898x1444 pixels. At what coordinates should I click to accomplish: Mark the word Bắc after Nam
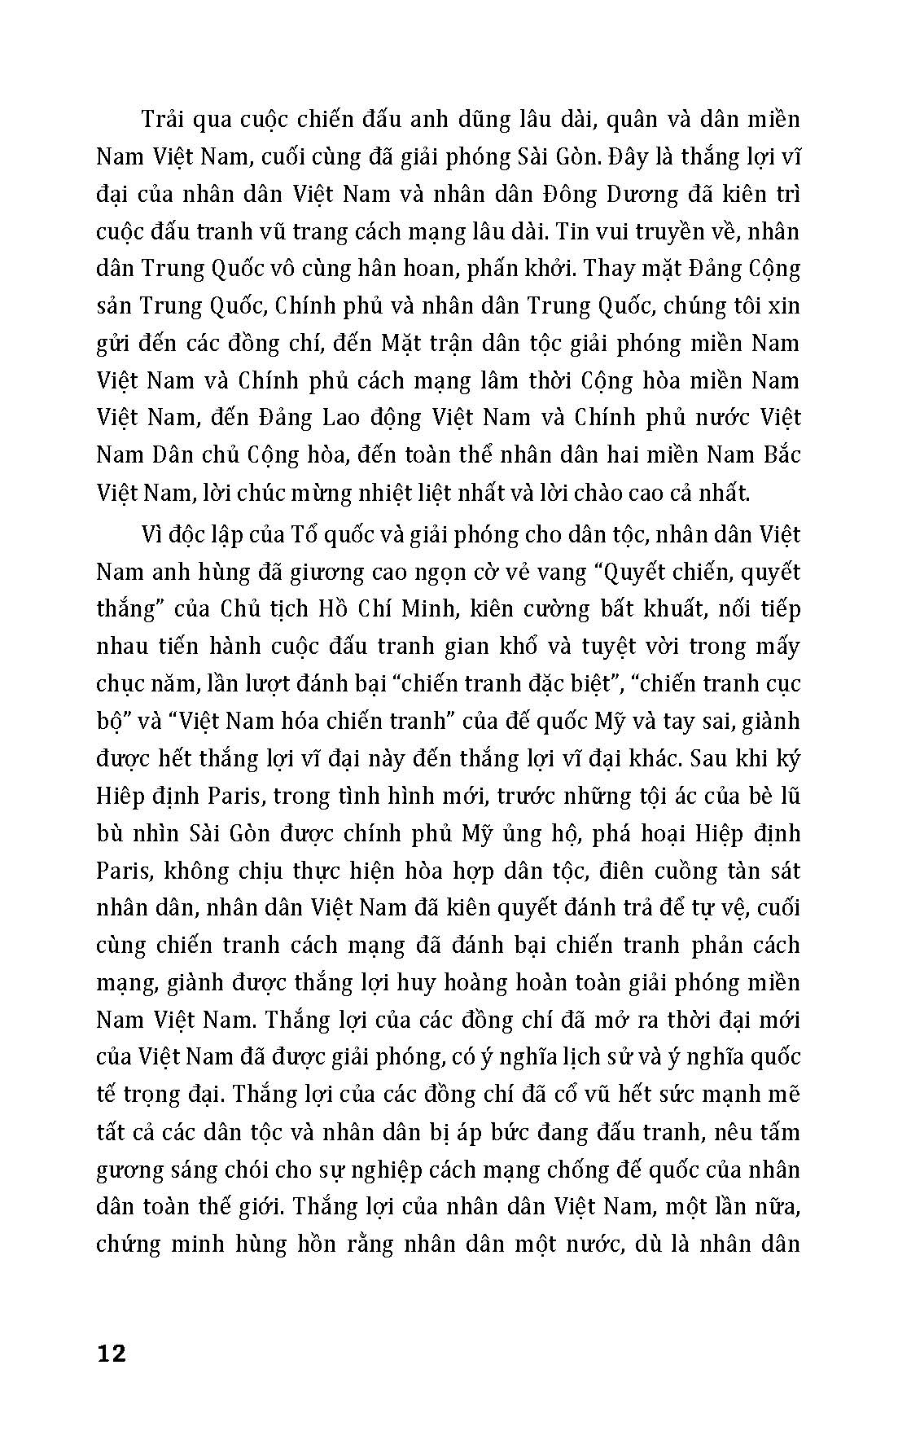778,454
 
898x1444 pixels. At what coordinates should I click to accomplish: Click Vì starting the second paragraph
153,535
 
